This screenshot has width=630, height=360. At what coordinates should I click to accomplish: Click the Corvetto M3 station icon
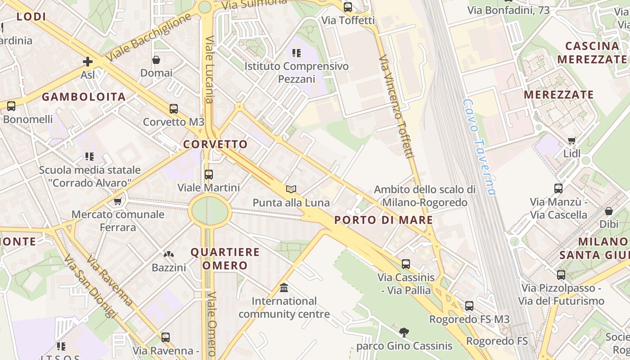pos(173,109)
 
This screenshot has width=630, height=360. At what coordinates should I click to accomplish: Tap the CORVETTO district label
pos(216,144)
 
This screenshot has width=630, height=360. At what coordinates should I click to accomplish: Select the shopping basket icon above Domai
pos(156,60)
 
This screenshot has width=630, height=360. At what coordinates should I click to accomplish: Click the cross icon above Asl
pos(88,62)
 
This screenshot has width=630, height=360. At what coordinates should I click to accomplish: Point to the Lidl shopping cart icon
pos(571,141)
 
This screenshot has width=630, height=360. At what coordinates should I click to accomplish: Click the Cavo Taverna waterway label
pos(479,147)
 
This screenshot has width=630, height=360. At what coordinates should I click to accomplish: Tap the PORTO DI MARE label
pos(384,220)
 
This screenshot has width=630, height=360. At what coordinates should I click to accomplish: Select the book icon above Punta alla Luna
pos(291,189)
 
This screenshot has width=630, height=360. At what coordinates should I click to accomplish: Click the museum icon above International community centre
pos(284,288)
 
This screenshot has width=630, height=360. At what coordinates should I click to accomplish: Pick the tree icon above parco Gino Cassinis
pos(404,333)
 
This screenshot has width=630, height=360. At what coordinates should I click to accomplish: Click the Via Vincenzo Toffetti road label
pos(396,107)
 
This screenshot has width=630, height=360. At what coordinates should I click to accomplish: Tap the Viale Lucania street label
pos(210,69)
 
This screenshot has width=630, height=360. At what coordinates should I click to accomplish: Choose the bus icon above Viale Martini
pos(208,174)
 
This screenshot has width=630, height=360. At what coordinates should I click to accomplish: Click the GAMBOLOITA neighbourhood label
pos(84,97)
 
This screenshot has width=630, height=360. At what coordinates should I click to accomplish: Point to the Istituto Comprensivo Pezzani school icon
pos(296,53)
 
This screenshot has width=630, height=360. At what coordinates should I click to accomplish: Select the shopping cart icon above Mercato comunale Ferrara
pos(117,201)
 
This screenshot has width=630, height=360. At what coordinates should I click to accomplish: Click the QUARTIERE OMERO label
pos(225,258)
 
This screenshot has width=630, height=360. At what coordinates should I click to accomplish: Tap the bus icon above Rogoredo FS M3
pos(469,306)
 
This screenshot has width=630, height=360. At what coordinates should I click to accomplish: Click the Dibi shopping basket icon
pos(608,211)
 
